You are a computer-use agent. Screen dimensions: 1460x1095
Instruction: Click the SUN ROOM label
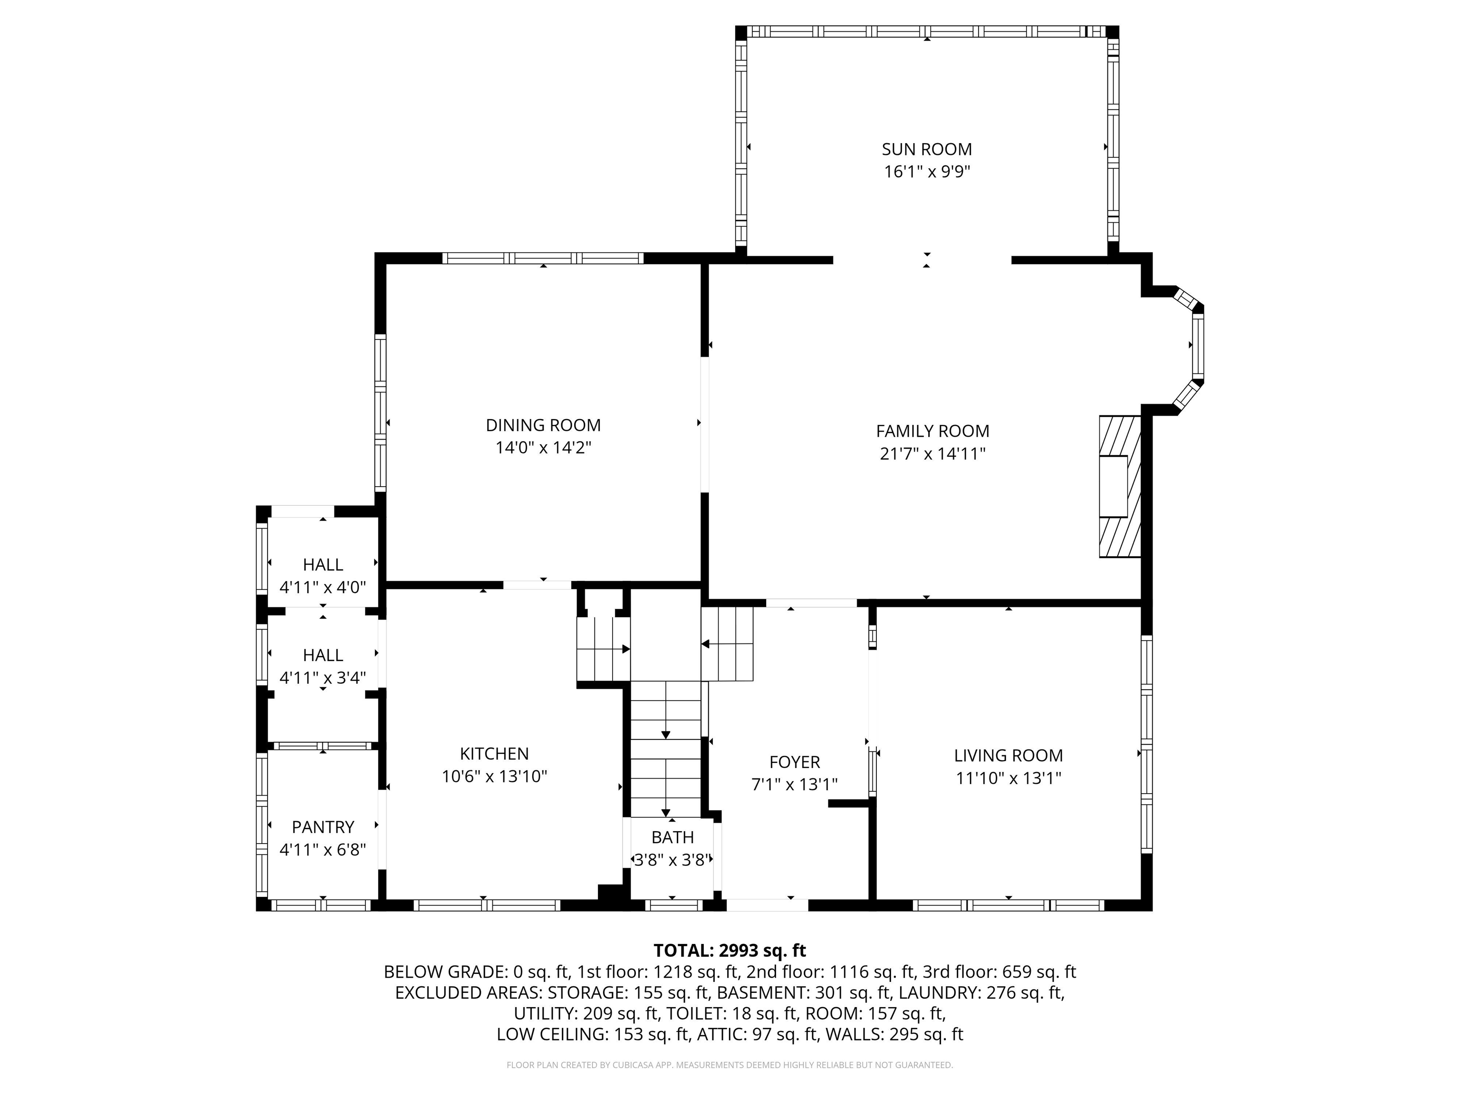[927, 149]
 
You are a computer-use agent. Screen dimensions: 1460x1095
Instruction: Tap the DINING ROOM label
[543, 425]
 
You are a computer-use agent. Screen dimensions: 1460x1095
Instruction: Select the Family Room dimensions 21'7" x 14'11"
[932, 453]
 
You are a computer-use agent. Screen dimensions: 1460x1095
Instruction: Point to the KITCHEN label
[494, 754]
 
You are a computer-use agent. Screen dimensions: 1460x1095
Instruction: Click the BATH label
[672, 837]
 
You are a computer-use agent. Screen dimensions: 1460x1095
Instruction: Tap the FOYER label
[795, 762]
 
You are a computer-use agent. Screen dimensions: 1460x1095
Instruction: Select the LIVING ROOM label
[1009, 756]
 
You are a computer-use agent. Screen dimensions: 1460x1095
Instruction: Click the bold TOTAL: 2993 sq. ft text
[730, 951]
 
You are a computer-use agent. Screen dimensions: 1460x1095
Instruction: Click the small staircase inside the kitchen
[603, 649]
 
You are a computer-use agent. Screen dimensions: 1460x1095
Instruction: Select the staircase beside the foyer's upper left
[727, 644]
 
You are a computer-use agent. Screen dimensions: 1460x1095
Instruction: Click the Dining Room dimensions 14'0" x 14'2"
[543, 448]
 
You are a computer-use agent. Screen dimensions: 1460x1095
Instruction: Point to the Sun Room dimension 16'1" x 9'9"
[927, 172]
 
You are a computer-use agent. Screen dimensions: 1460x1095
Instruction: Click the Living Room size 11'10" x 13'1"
[1009, 778]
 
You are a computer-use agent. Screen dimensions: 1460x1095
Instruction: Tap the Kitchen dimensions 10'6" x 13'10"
[494, 776]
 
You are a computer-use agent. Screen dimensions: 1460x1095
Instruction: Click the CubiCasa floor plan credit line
[730, 1065]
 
